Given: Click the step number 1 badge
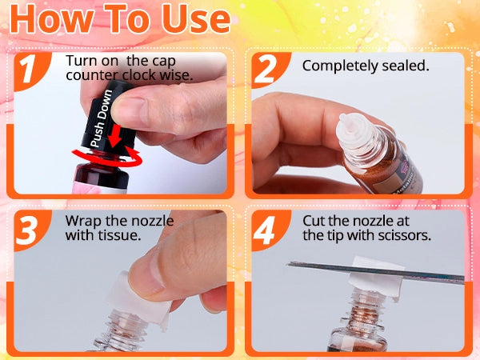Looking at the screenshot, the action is (x=29, y=70).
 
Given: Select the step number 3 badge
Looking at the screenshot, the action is (x=29, y=230).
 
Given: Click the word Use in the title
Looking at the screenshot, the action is (x=196, y=18).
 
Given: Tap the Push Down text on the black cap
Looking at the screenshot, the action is (x=102, y=118).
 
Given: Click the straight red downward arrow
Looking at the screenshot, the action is (x=116, y=135).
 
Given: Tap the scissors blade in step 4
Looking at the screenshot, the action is (x=376, y=272).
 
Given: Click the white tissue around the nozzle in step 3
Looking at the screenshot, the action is (x=138, y=298).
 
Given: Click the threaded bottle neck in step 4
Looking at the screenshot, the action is (x=364, y=309).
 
